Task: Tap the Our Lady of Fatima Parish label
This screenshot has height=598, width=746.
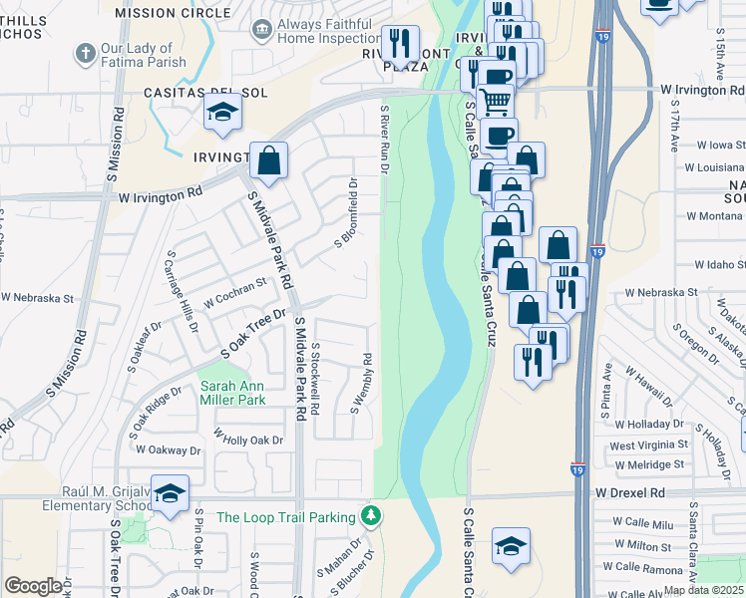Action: (143, 55)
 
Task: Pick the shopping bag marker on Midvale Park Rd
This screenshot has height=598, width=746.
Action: (268, 160)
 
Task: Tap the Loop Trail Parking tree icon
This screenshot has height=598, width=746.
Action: (371, 516)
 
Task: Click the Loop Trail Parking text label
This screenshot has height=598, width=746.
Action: (286, 517)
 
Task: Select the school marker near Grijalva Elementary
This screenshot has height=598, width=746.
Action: (170, 493)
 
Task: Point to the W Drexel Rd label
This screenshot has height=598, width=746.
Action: (629, 492)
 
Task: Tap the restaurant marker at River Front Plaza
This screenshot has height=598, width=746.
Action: (401, 44)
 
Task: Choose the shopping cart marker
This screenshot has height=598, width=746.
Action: (495, 101)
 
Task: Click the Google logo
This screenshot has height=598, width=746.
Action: (33, 586)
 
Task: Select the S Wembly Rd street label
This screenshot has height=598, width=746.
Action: (361, 383)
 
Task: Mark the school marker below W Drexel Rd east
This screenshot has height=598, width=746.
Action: (511, 546)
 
